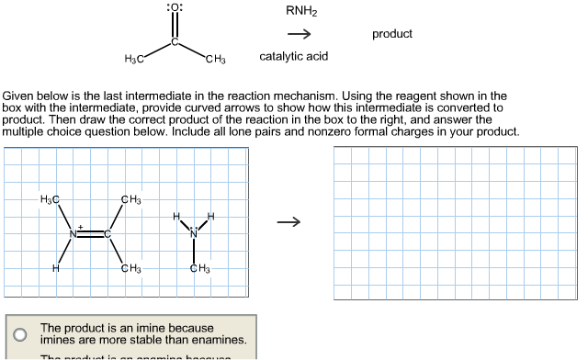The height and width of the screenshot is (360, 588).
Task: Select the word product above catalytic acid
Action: pos(392,34)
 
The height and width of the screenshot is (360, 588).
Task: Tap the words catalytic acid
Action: pos(294,57)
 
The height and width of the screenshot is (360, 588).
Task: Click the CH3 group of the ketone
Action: pos(216,61)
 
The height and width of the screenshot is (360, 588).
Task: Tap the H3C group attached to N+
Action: pos(50,199)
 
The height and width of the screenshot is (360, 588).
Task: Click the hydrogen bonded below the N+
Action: pos(56,268)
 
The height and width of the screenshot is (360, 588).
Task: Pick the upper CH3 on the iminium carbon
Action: pos(130,199)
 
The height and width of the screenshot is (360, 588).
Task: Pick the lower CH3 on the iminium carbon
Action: pos(130,268)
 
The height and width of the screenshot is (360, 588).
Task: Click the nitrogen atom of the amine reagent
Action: pos(194,233)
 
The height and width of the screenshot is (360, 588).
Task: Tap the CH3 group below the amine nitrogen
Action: pos(198,268)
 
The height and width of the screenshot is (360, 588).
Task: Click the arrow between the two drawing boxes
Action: pos(289,221)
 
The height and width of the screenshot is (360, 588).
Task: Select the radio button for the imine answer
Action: pos(19,333)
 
